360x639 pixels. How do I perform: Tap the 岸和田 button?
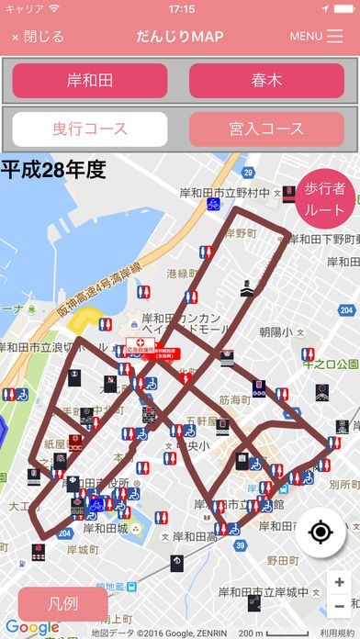[x=90, y=81]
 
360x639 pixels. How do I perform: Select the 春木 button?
[x=266, y=81]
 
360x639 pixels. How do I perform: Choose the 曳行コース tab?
[x=90, y=129]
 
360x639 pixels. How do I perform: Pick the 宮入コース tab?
[x=266, y=129]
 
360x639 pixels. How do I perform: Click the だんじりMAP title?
[x=180, y=37]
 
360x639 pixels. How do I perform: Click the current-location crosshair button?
[x=320, y=532]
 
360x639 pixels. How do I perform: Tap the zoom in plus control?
[x=340, y=583]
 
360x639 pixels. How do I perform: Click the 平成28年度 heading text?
[x=53, y=169]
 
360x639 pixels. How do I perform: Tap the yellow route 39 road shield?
[x=241, y=545]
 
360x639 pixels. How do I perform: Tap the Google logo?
[x=32, y=628]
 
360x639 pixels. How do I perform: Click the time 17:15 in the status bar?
[x=181, y=8]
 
